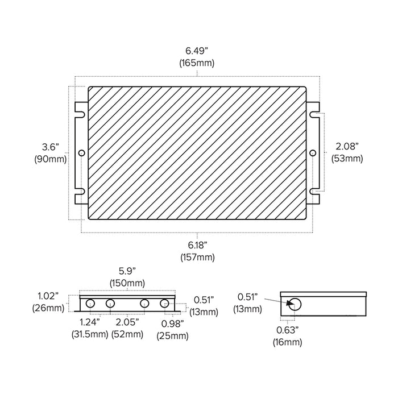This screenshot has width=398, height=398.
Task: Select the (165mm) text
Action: [197, 63]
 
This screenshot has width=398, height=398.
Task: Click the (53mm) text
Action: [348, 159]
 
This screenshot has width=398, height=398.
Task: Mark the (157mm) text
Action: [197, 257]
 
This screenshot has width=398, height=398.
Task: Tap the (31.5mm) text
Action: [90, 334]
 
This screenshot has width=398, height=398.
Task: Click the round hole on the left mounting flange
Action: [81, 153]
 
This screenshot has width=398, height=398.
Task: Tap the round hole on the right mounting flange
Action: [313, 153]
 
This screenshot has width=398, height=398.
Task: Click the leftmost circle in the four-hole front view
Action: [90, 303]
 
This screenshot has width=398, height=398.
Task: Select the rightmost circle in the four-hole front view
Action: [164, 303]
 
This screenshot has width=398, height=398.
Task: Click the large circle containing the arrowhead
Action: [294, 304]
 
